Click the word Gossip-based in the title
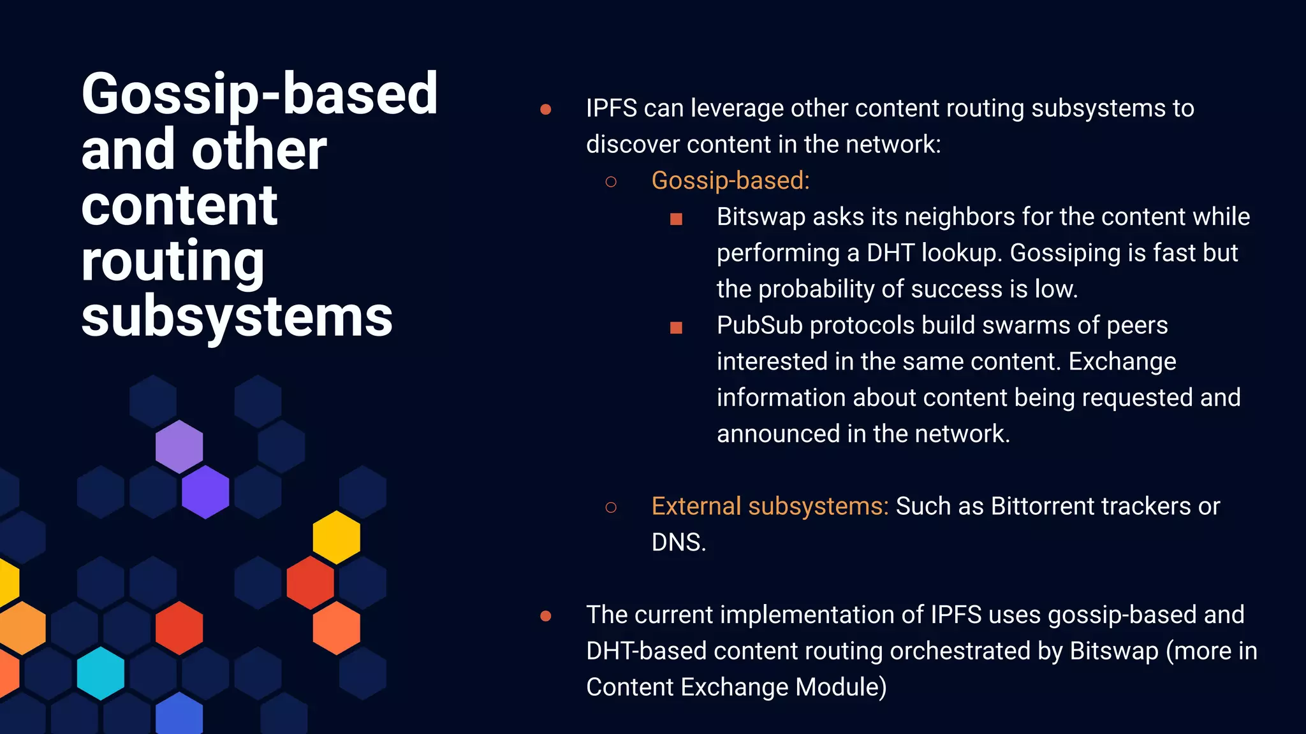click(259, 94)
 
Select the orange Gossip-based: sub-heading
click(730, 180)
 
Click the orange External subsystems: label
click(769, 506)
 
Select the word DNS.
click(678, 542)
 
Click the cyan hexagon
click(101, 673)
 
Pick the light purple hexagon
click(179, 446)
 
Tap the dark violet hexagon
click(205, 491)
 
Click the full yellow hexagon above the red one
click(336, 537)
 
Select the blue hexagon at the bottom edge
click(179, 715)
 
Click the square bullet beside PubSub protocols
click(676, 327)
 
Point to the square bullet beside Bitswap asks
click(676, 219)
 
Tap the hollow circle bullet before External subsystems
click(610, 507)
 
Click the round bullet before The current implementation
click(545, 615)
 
